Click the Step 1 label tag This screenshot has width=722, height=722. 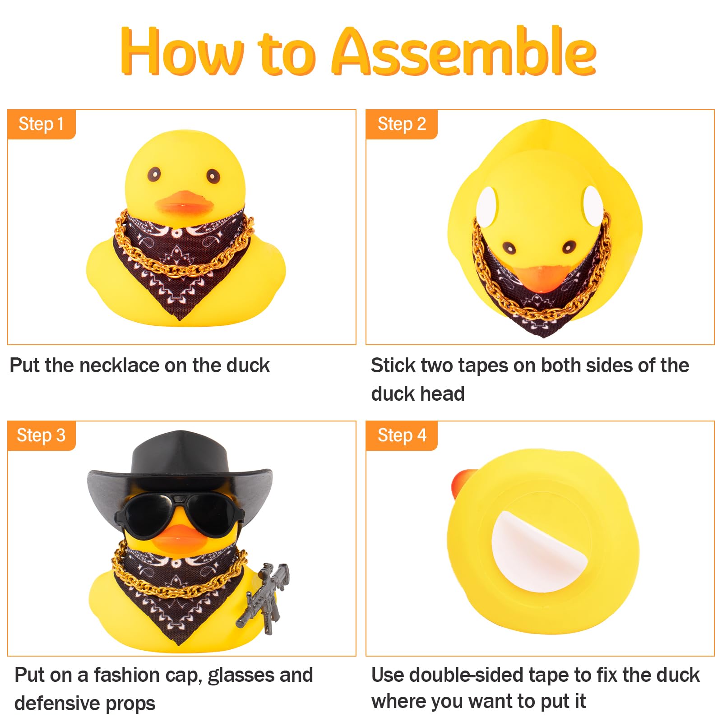point(42,124)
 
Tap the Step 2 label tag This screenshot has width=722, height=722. point(402,124)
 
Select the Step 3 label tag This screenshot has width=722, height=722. point(42,435)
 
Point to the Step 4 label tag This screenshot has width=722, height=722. point(402,435)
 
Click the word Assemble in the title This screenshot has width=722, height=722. point(464,51)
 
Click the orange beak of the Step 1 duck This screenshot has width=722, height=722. point(185,203)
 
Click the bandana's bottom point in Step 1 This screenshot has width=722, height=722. point(180,319)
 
